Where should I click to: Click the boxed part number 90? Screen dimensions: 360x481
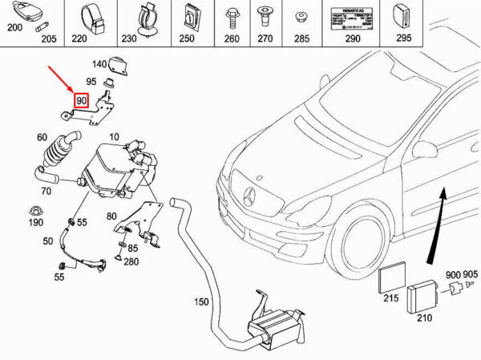coord(81,100)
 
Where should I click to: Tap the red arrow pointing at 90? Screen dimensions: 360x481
coord(63,80)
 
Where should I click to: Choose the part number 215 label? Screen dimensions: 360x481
coord(390,298)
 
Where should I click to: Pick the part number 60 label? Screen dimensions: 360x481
coord(42,136)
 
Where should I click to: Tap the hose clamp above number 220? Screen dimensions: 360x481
coord(91,16)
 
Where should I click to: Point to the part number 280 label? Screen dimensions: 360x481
coord(131,261)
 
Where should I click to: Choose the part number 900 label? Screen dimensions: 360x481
coord(454,275)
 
